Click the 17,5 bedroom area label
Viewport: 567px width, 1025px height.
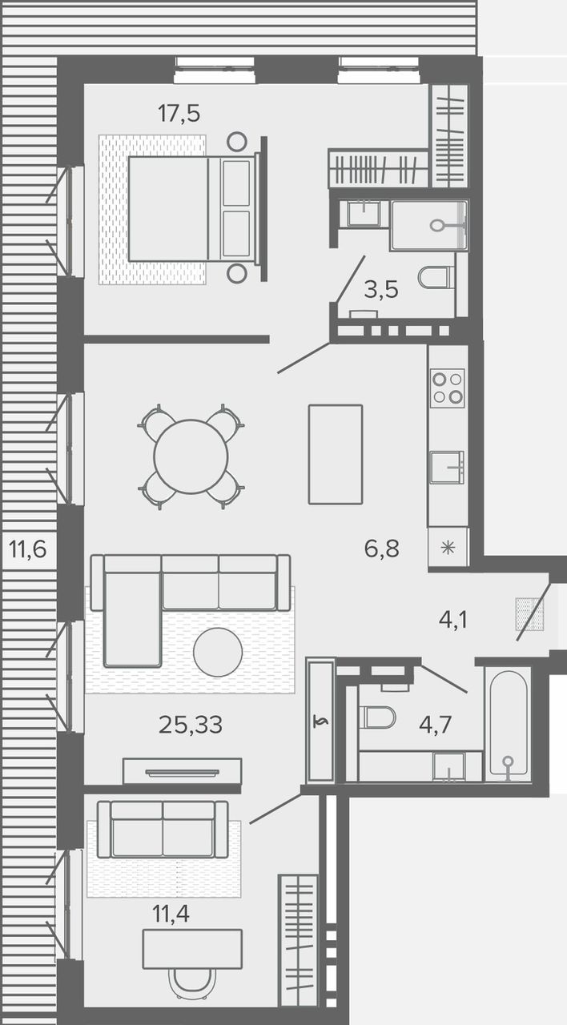pyautogui.click(x=179, y=113)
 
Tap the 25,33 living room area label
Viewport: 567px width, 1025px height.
pyautogui.click(x=191, y=725)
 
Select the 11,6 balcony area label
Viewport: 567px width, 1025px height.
pyautogui.click(x=28, y=549)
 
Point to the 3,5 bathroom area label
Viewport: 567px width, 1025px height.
pyautogui.click(x=381, y=290)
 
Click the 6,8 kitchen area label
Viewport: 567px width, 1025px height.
pyautogui.click(x=382, y=549)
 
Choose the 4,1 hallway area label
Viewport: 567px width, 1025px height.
pyautogui.click(x=453, y=620)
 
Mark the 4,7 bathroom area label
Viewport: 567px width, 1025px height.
pyautogui.click(x=435, y=725)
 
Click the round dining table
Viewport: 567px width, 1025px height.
pyautogui.click(x=191, y=456)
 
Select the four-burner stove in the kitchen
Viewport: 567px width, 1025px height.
pyautogui.click(x=448, y=388)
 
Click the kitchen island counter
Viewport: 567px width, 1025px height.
pyautogui.click(x=336, y=454)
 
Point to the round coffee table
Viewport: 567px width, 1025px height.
pyautogui.click(x=218, y=653)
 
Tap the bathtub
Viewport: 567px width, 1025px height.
pyautogui.click(x=508, y=725)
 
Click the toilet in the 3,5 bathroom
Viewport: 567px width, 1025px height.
pyautogui.click(x=436, y=277)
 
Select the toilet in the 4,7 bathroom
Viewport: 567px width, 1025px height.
pyautogui.click(x=376, y=717)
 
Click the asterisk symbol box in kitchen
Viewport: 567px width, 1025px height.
pyautogui.click(x=448, y=547)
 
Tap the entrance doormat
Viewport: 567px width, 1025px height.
pyautogui.click(x=529, y=614)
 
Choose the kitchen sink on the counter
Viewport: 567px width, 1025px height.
pyautogui.click(x=448, y=467)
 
